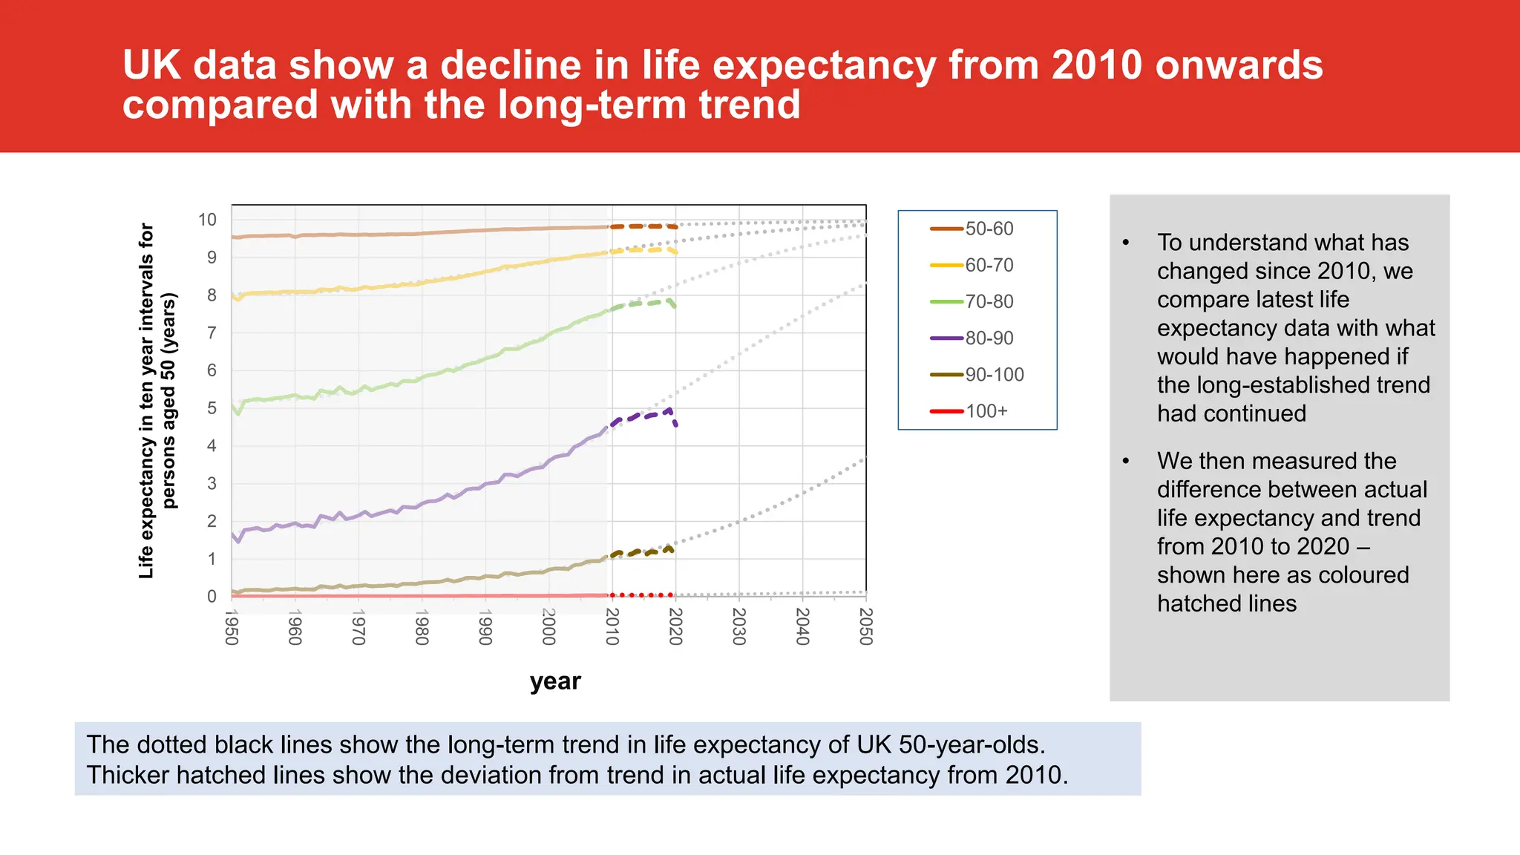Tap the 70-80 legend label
(x=989, y=301)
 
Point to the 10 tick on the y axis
(x=207, y=220)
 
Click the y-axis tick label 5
(x=212, y=408)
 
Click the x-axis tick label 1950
(x=232, y=627)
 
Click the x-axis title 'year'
(x=555, y=681)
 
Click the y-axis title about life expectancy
(x=157, y=401)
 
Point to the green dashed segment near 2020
(x=653, y=303)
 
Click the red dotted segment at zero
(x=641, y=595)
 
